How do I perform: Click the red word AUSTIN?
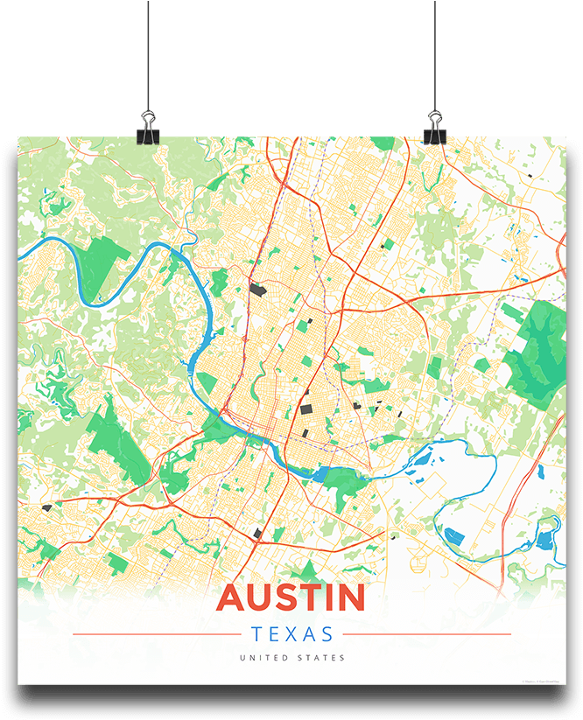point(291,598)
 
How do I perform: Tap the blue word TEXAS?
point(291,634)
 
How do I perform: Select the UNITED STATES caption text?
point(291,658)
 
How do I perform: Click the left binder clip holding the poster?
point(147,127)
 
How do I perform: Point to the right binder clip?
point(434,127)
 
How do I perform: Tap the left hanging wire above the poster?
point(148,52)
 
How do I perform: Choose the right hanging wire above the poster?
point(434,52)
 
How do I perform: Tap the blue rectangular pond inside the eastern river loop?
point(453,535)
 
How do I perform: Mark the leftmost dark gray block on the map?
point(46,507)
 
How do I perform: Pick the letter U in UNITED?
point(241,658)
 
